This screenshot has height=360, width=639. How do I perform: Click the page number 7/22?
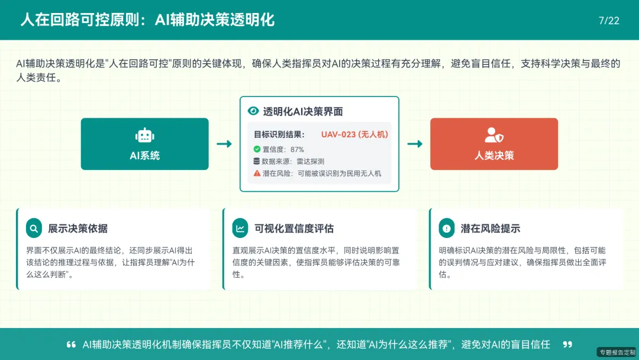(x=609, y=21)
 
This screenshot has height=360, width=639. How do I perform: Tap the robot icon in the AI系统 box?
(x=144, y=136)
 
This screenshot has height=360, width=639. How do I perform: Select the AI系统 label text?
(x=144, y=156)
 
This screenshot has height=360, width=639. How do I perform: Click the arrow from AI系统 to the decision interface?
(x=224, y=144)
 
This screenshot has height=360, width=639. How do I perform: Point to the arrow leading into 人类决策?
(x=415, y=144)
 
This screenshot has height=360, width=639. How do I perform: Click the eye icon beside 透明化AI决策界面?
(x=253, y=111)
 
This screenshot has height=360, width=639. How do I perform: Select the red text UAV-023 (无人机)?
(x=354, y=134)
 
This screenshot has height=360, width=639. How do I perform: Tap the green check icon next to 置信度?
(x=257, y=149)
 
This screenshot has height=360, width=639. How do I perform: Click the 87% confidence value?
(x=297, y=149)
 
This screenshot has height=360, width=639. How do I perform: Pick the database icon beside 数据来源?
(x=257, y=161)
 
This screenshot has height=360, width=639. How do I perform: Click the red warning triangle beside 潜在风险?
(x=257, y=173)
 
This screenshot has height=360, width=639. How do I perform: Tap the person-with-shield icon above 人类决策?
(x=493, y=136)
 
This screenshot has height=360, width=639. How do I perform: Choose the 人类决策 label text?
(x=493, y=156)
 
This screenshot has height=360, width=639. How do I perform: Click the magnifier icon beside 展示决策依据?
(x=34, y=228)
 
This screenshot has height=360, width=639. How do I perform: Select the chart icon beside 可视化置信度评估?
(x=241, y=228)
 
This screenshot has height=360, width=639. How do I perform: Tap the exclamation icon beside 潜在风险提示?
(x=447, y=228)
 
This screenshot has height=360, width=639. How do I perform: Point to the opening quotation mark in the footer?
(x=71, y=345)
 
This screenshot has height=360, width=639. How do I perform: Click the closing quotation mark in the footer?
(x=567, y=345)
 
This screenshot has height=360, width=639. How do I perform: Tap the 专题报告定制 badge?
(x=617, y=352)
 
